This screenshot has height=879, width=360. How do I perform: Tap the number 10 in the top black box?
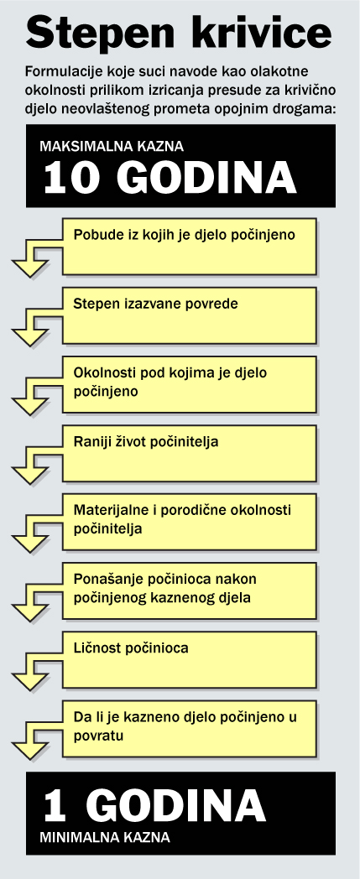[x=74, y=179]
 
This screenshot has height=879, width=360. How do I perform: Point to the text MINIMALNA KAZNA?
[x=104, y=838]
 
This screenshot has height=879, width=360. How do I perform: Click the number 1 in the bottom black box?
[x=55, y=806]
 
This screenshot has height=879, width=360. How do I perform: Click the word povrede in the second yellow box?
[x=215, y=304]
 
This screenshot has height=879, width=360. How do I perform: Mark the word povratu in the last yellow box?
[x=98, y=736]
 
